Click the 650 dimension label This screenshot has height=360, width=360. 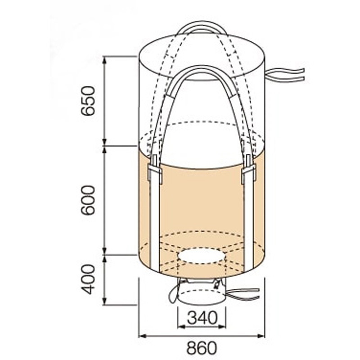tap(88, 100)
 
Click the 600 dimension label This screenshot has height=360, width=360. tap(88, 200)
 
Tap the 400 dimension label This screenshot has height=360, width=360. tap(88, 279)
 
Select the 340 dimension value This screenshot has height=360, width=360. tap(202, 318)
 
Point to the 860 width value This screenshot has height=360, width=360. tap(201, 348)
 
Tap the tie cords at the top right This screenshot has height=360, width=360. tap(285, 75)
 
